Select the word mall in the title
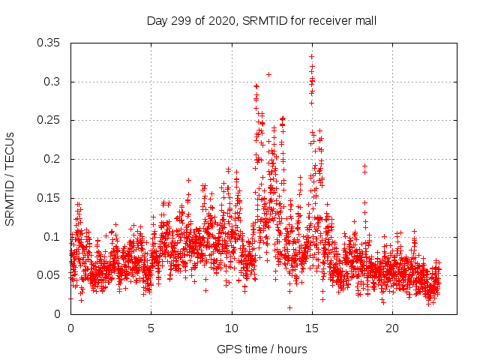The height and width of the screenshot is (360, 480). coord(364,21)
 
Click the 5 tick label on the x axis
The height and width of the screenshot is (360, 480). coord(151,328)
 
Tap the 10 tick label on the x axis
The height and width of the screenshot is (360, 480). coord(232,328)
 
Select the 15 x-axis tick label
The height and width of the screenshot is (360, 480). coord(312,328)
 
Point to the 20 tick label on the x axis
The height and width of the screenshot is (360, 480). coord(392,328)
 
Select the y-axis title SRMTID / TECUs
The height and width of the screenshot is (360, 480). coord(10,178)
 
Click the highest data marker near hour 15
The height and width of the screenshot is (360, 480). coord(311,56)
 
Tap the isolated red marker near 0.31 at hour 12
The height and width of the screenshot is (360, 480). coord(268,74)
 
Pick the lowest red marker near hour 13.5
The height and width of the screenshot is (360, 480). coord(289,307)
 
